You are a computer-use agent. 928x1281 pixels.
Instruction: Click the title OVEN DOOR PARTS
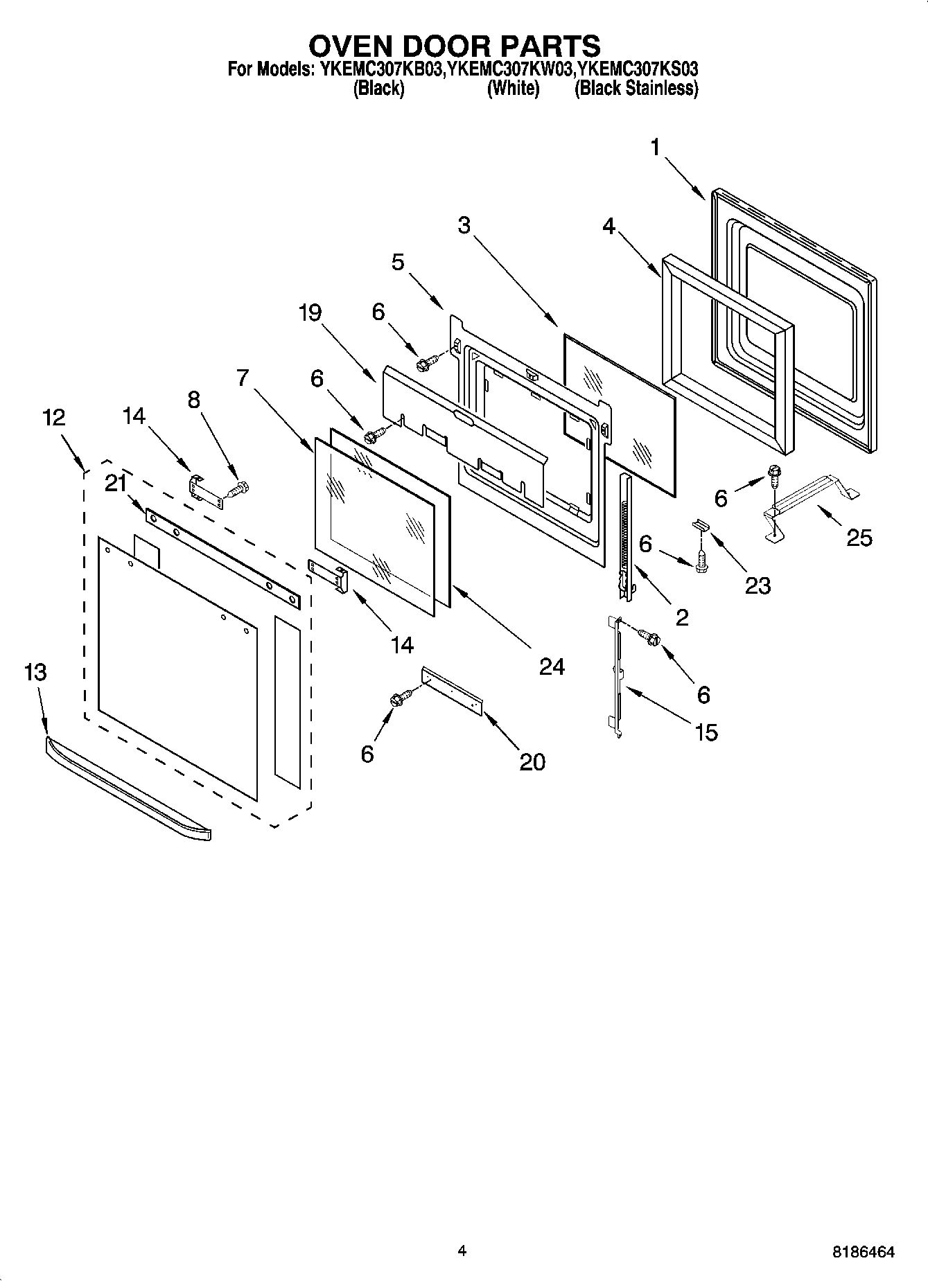coord(454,46)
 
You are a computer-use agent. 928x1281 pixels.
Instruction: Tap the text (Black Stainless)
coord(636,89)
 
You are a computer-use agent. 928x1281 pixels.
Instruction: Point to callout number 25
coord(859,538)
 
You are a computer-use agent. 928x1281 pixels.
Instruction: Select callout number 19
coord(310,313)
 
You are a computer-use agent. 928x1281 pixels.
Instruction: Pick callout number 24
coord(552,666)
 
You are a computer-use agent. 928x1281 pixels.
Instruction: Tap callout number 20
coord(532,761)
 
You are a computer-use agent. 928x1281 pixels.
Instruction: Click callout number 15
coord(706,732)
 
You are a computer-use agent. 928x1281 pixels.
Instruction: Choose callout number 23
coord(757,586)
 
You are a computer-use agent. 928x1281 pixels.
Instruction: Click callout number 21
coord(115,485)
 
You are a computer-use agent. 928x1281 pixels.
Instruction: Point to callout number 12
coord(54,417)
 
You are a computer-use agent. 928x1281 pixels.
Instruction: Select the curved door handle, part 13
coord(128,789)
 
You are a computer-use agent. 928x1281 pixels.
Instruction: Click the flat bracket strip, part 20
coord(452,689)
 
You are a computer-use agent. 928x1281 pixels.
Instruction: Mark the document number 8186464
coord(863,1252)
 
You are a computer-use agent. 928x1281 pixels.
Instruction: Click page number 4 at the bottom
coord(462,1251)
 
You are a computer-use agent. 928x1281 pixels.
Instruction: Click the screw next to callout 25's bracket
coord(773,476)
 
